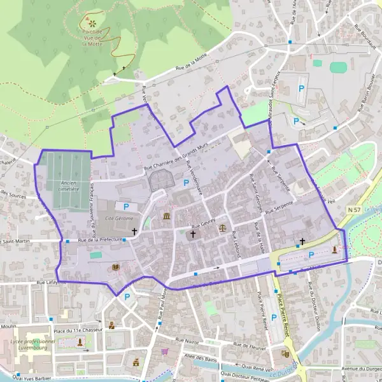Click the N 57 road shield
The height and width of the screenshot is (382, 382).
tap(355, 209)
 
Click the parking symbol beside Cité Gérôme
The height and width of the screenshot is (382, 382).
tap(126, 207)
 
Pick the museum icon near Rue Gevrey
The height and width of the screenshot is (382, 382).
tap(167, 216)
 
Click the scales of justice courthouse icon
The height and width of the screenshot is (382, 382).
tap(222, 226)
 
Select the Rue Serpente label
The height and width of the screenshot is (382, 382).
tap(278, 208)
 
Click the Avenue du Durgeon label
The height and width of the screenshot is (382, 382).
tap(360, 369)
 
